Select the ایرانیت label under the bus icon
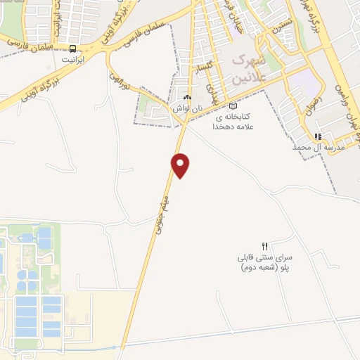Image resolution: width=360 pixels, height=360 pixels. [72, 60]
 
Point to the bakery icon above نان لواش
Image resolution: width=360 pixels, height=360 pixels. [186, 98]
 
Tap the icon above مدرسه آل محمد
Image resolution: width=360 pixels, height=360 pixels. [318, 136]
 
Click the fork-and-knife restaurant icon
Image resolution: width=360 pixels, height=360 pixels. [264, 246]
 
